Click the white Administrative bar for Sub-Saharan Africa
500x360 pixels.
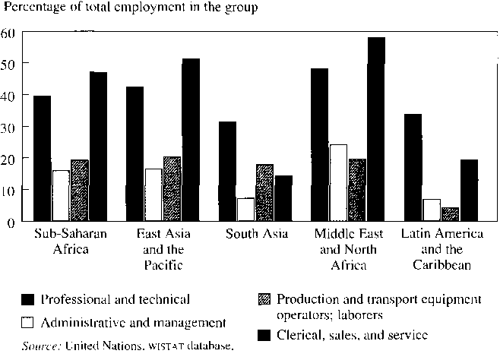[61, 195]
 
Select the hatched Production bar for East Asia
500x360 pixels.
[172, 189]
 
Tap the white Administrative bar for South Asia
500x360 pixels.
[245, 209]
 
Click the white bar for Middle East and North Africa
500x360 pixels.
[338, 182]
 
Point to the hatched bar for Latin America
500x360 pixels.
[450, 213]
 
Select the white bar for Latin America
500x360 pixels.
[432, 210]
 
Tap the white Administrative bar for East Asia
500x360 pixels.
[153, 194]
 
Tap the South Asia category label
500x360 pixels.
[257, 232]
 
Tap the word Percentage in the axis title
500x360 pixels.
[34, 8]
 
